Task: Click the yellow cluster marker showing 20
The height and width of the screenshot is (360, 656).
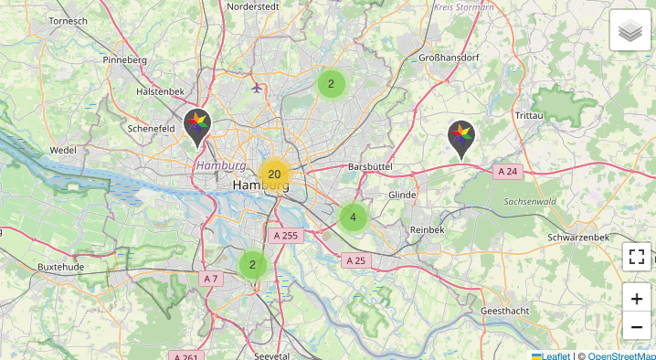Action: (274, 174)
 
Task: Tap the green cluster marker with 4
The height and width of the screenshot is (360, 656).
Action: (353, 217)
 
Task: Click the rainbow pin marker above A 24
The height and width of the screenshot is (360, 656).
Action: (461, 139)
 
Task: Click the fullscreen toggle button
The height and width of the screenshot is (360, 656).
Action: (637, 257)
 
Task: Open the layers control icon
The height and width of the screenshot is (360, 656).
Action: (630, 32)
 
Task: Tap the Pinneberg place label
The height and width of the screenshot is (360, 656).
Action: (125, 60)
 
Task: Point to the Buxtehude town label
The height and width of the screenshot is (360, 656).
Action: (61, 267)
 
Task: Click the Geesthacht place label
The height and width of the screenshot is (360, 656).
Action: (504, 311)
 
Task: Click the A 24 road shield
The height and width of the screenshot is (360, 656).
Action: (508, 171)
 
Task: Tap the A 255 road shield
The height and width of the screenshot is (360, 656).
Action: (286, 235)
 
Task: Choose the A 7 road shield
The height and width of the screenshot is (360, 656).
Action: (211, 278)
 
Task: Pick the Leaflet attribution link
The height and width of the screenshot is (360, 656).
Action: (550, 355)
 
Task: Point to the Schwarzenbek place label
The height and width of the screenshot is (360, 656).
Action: (579, 237)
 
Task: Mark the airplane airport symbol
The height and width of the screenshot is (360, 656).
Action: (256, 89)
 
